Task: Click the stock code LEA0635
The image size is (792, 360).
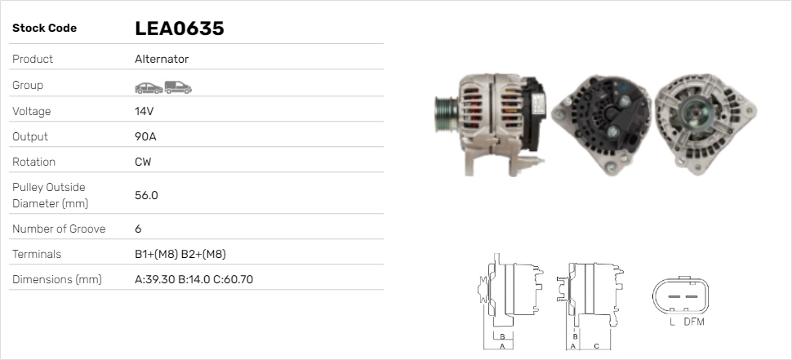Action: click(x=180, y=29)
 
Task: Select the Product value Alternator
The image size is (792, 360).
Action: click(x=162, y=59)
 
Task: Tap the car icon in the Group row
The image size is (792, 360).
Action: click(x=149, y=88)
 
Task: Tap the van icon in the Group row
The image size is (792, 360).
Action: click(x=178, y=87)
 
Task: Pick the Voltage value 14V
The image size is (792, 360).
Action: click(x=144, y=111)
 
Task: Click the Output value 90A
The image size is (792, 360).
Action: click(x=145, y=137)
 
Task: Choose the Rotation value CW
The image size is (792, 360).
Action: click(x=143, y=162)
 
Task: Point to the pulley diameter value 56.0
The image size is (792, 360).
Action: click(x=146, y=195)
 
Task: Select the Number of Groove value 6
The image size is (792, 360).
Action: click(x=139, y=229)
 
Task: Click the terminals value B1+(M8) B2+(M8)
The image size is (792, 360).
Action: click(x=180, y=254)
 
